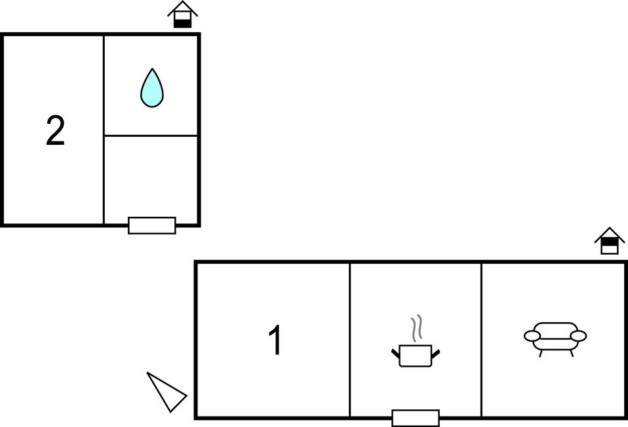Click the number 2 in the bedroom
pyautogui.click(x=55, y=130)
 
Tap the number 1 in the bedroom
pyautogui.click(x=275, y=340)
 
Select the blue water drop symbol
pyautogui.click(x=152, y=88)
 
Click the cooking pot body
pyautogui.click(x=416, y=356)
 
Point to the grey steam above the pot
pyautogui.click(x=417, y=327)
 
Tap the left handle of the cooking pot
pyautogui.click(x=395, y=354)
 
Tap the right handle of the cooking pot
pyautogui.click(x=436, y=354)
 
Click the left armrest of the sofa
pyautogui.click(x=532, y=336)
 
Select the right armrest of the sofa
pyautogui.click(x=578, y=336)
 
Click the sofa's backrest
pyautogui.click(x=555, y=327)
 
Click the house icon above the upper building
pyautogui.click(x=183, y=14)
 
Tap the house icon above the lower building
pyautogui.click(x=609, y=241)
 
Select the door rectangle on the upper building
pyautogui.click(x=152, y=225)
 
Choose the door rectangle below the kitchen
pyautogui.click(x=416, y=418)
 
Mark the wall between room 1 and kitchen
pyautogui.click(x=349, y=340)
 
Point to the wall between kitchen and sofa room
pyautogui.click(x=481, y=340)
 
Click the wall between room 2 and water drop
pyautogui.click(x=104, y=130)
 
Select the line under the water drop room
pyautogui.click(x=151, y=136)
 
